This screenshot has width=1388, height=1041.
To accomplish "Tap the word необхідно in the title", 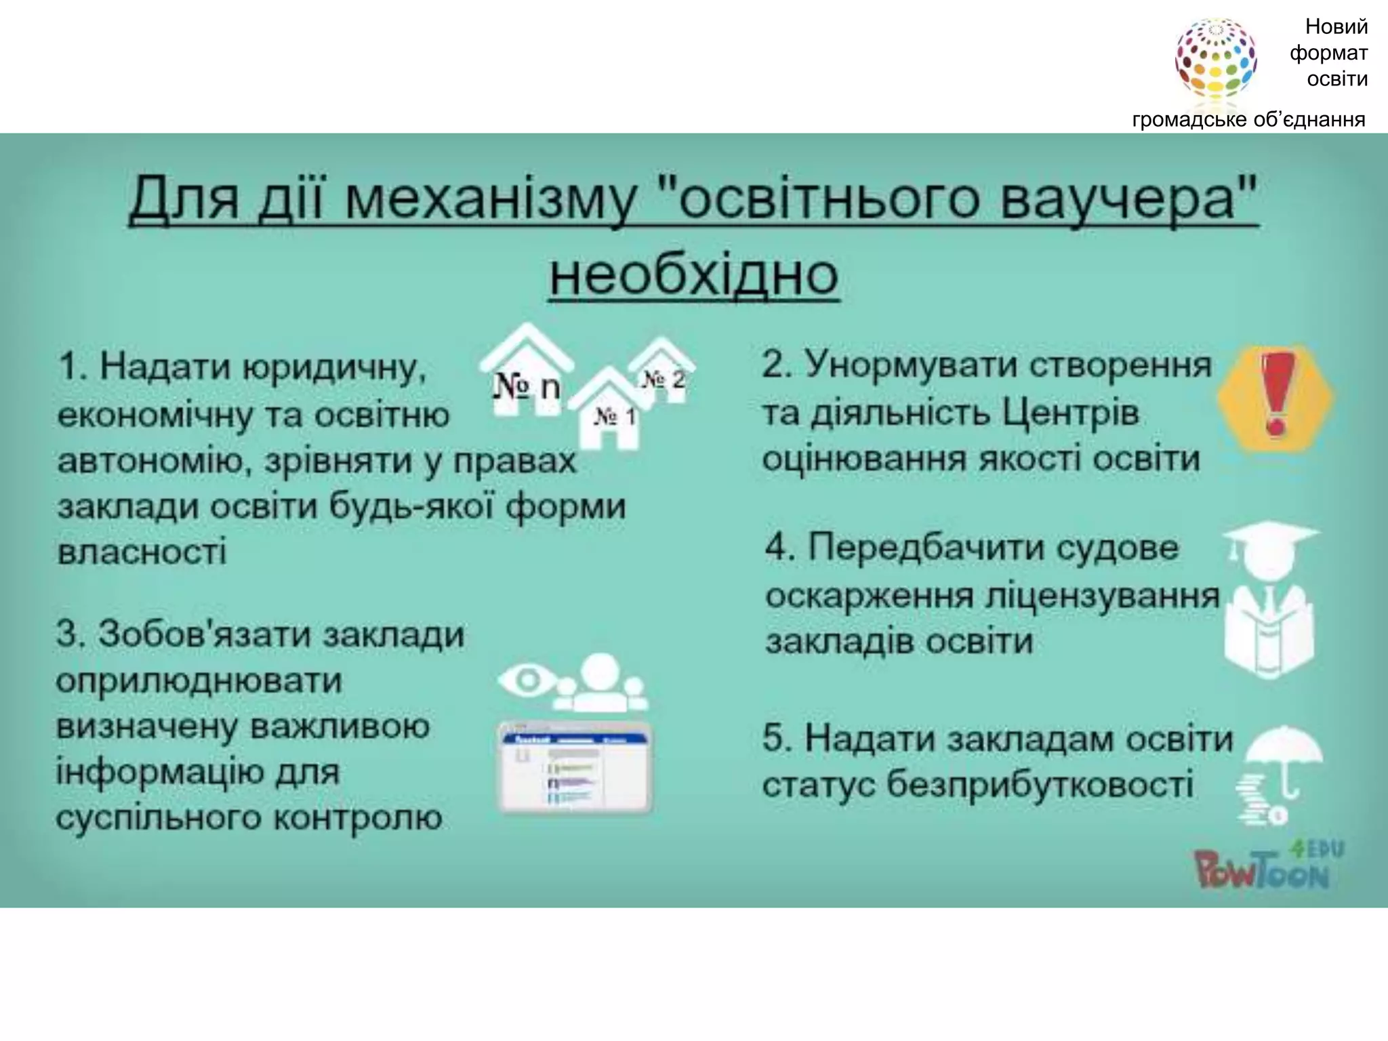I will point(694,275).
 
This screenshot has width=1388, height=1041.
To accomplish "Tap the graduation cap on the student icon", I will point(1270,542).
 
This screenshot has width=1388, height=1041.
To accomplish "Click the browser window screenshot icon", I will point(575,768).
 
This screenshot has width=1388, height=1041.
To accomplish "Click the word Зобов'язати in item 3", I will point(204,634).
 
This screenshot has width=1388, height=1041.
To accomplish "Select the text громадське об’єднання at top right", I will point(1248,120).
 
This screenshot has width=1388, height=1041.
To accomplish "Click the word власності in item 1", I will point(142,551).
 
